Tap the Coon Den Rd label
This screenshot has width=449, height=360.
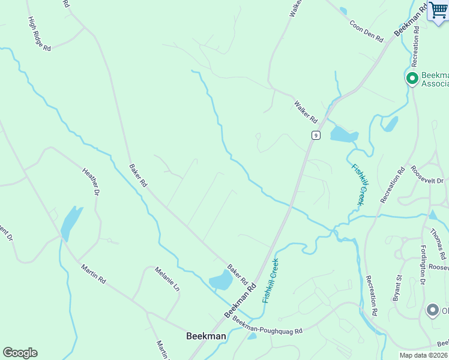click(366, 29)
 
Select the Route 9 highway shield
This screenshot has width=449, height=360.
click(316, 135)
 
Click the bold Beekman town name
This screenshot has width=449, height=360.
click(206, 336)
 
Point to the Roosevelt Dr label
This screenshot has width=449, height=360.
click(427, 175)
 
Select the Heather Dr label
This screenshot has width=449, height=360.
click(89, 181)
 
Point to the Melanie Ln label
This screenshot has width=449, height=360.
click(167, 280)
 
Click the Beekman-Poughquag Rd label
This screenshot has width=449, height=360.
click(267, 326)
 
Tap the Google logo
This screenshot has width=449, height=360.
click(20, 353)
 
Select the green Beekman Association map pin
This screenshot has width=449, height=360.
click(412, 78)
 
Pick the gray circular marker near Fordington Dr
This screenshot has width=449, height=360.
click(432, 310)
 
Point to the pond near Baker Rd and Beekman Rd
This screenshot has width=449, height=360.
click(221, 280)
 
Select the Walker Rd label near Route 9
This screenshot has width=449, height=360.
click(305, 113)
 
